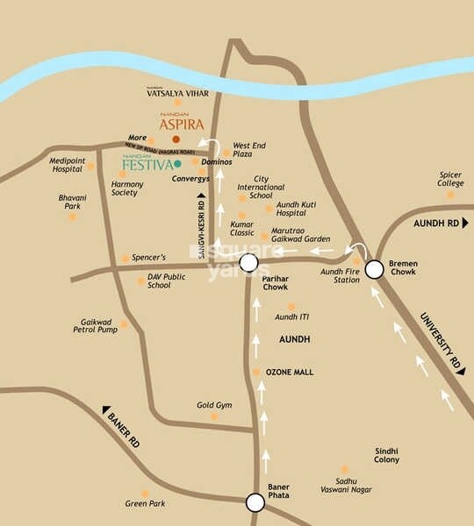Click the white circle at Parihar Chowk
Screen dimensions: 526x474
pos(248,263)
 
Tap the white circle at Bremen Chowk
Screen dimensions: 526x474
pos(374,269)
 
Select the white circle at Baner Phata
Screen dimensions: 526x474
pos(255,502)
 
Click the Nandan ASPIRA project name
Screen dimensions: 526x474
pos(182,124)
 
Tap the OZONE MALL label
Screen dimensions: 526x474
pos(289,373)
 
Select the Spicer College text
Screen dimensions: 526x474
pos(450,179)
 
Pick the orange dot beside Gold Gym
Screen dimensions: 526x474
pos(214,416)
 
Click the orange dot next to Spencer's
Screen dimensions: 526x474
pos(126,259)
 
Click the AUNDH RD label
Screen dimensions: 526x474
pos(436,224)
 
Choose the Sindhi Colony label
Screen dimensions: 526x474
pos(386,454)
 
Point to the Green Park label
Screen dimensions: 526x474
pos(144,504)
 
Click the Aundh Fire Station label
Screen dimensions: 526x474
pos(340,276)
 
